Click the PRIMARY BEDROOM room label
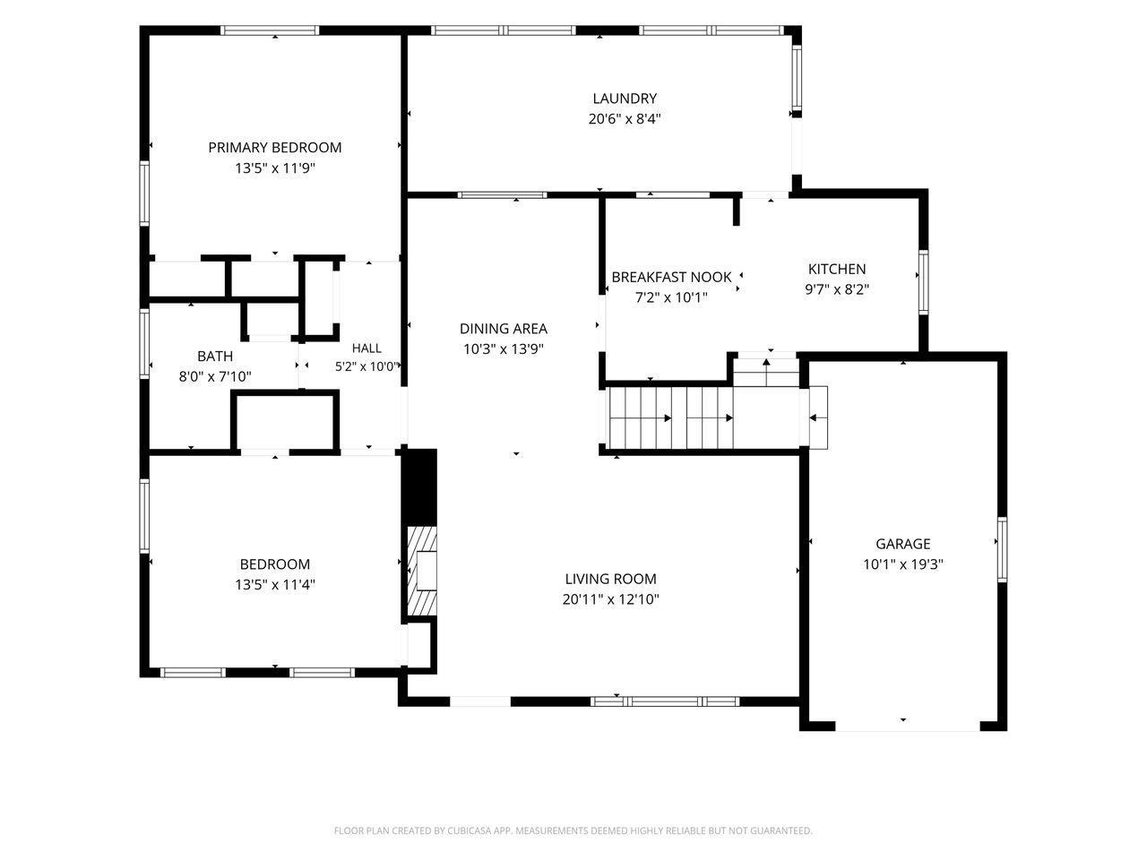coord(275,148)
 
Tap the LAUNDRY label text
coord(625,99)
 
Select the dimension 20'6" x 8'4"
coord(625,119)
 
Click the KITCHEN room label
coord(837,269)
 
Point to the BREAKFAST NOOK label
coord(671,278)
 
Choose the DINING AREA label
coord(504,329)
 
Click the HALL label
coord(367,348)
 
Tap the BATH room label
coord(215,357)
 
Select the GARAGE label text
coord(903,544)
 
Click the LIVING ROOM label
coord(610,579)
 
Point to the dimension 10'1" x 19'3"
coord(903,564)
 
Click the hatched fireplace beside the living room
coord(422,571)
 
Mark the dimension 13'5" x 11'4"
coord(275,584)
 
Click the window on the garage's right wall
coord(1002,549)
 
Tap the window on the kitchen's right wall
coord(923,282)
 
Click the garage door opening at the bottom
coord(907,726)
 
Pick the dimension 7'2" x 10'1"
coord(671,297)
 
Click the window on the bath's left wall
coord(144,343)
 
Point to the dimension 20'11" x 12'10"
coord(610,599)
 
